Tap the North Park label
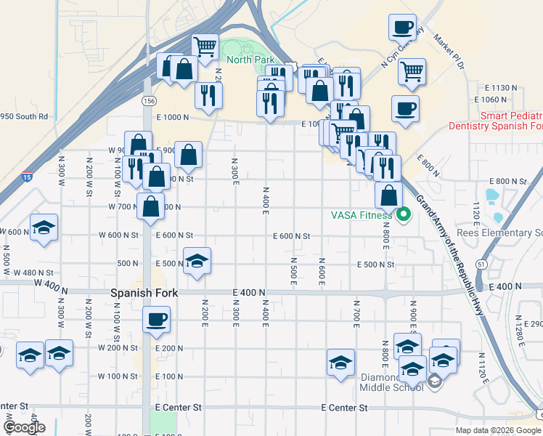tap(248, 60)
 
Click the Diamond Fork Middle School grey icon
tap(434, 381)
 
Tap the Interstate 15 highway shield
tap(27, 177)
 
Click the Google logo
tap(25, 427)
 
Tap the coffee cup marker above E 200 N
tap(156, 319)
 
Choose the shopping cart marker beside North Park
tap(206, 47)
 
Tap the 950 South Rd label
tap(24, 116)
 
